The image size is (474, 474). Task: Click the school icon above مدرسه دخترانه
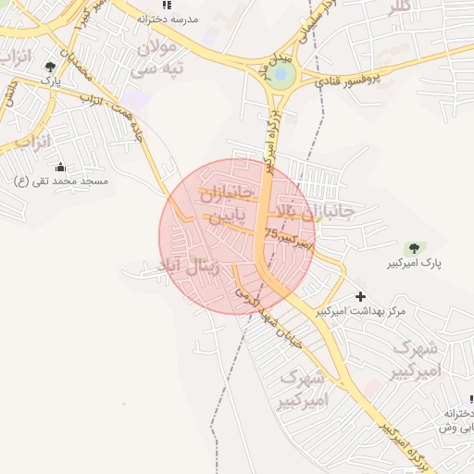click(167, 5)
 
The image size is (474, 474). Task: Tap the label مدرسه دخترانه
click(168, 19)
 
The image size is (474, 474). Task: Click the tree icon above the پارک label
click(50, 67)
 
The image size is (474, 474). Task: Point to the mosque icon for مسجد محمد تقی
click(61, 168)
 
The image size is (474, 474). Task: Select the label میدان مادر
click(279, 67)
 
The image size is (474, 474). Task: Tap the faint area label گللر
click(397, 8)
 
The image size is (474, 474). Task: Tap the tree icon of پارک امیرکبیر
click(413, 248)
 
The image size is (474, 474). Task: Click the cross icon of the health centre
click(360, 295)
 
